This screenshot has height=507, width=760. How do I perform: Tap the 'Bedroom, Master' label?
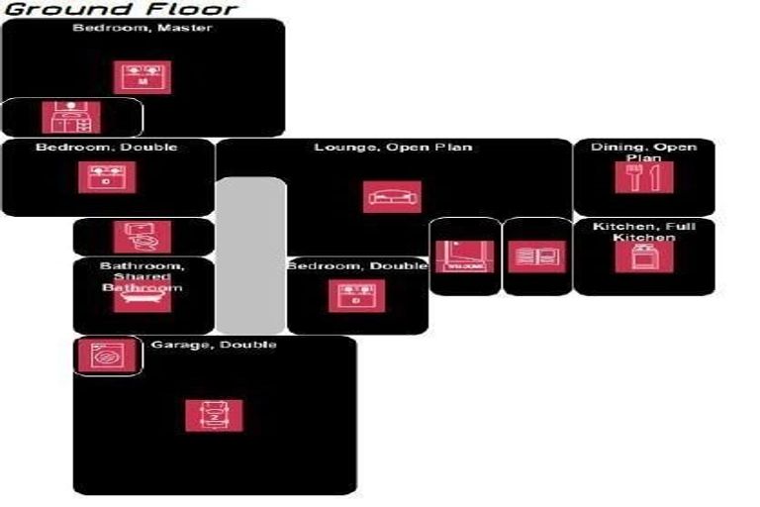(x=142, y=28)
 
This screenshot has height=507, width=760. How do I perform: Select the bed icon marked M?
(x=142, y=78)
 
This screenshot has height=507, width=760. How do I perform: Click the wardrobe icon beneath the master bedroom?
(x=70, y=118)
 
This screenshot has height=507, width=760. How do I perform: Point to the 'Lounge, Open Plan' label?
(x=393, y=148)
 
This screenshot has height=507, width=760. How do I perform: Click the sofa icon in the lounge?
(x=392, y=197)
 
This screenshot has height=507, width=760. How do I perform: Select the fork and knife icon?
(x=643, y=177)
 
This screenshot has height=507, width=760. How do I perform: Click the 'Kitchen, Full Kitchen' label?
(x=643, y=232)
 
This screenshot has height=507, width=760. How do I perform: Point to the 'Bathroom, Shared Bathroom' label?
(x=142, y=276)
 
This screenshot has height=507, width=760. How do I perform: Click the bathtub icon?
(x=142, y=299)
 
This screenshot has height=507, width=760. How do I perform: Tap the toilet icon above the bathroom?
(x=142, y=236)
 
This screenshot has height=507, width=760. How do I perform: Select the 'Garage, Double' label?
(x=214, y=345)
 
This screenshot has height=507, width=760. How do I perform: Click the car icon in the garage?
(x=214, y=415)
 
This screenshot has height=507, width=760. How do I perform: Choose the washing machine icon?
(x=100, y=355)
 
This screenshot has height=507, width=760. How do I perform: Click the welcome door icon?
(x=464, y=256)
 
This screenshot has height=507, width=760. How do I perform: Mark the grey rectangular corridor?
(x=250, y=254)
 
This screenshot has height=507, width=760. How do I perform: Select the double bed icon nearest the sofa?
(x=357, y=296)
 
